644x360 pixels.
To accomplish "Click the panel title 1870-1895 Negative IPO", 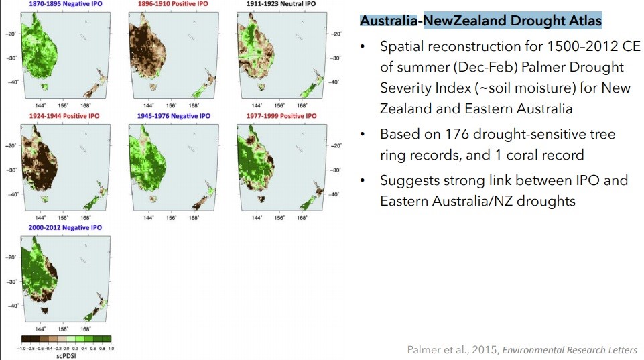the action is click(x=66, y=4).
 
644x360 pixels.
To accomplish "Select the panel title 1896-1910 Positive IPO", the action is click(x=173, y=4).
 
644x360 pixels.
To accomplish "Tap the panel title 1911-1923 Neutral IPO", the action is click(x=281, y=4).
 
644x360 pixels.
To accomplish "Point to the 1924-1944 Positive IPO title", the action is click(x=64, y=116).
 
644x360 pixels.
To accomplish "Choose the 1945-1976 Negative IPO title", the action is click(x=174, y=116).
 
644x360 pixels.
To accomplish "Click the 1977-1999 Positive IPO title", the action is click(x=281, y=116).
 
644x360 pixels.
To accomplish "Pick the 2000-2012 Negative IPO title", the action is click(x=65, y=228).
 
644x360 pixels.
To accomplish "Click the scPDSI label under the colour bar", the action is click(x=66, y=356).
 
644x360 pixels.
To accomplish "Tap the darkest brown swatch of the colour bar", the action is click(x=26, y=339).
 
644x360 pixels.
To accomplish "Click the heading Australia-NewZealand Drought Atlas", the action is click(x=480, y=21).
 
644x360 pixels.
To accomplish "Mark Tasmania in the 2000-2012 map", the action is click(x=44, y=310).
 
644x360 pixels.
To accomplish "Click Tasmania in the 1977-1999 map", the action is click(x=261, y=199).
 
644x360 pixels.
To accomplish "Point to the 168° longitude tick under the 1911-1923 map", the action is click(x=302, y=106).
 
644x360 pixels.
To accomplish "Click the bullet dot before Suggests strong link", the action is click(x=363, y=180).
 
